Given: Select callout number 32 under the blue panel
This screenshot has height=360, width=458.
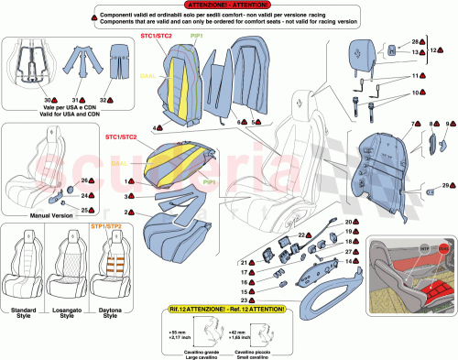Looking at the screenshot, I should coord(104,98).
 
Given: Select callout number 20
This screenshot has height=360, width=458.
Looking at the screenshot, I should coord(347,222).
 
